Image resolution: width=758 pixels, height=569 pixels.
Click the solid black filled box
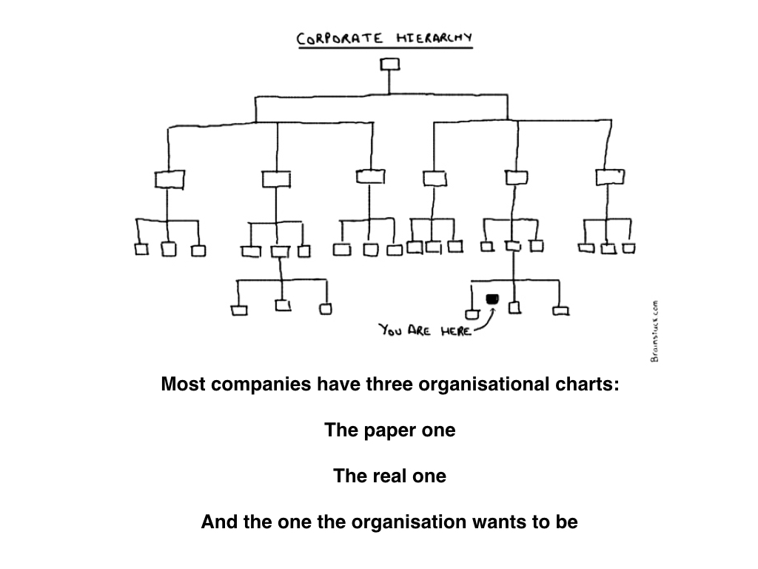pyautogui.click(x=492, y=299)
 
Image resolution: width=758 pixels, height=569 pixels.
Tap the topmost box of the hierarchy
pyautogui.click(x=389, y=64)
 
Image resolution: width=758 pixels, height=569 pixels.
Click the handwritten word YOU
pyautogui.click(x=392, y=329)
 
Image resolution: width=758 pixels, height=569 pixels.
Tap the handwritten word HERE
pyautogui.click(x=456, y=331)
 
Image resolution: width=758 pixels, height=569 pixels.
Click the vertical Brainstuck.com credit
pyautogui.click(x=654, y=330)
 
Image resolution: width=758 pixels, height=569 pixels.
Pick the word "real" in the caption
pyautogui.click(x=392, y=476)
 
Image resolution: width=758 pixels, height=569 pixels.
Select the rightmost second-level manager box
pyautogui.click(x=610, y=177)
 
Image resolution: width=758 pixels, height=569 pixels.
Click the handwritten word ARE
pyautogui.click(x=421, y=330)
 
